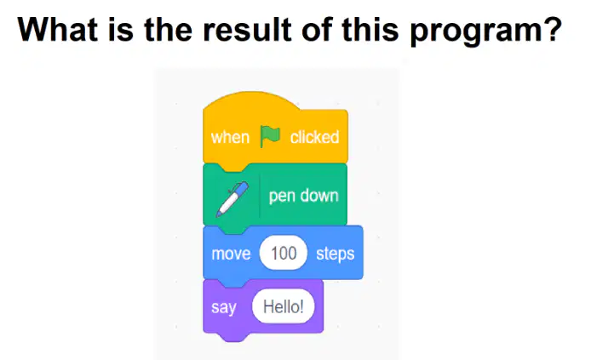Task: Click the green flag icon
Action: pos(270,136)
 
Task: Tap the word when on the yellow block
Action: pos(230,137)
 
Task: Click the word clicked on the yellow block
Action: pos(314,137)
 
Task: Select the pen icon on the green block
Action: pos(232,199)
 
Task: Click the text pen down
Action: pos(303,197)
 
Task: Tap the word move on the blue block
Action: pos(231,254)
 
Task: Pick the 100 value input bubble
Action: pos(284,253)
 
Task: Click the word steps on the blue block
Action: pos(335,254)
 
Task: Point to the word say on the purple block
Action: pos(224,307)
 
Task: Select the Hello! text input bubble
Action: pos(283,306)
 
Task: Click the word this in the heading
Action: pos(370,29)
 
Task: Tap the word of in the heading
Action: pos(317,29)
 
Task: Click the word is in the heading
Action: pos(121,29)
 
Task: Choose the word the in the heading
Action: pos(168,29)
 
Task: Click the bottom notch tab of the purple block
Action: pos(235,337)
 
